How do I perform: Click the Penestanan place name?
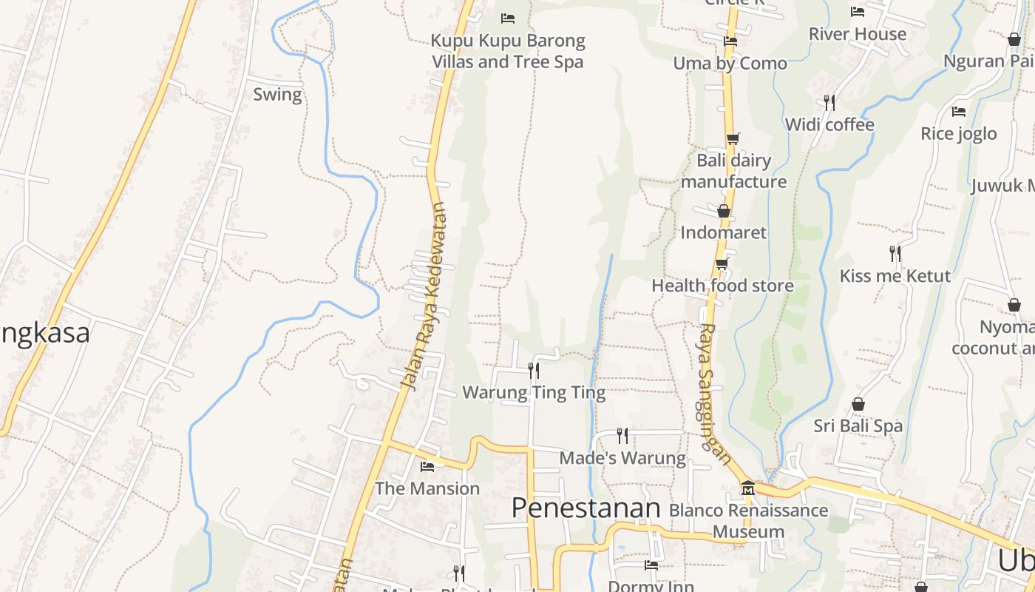point(586,508)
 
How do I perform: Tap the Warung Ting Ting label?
point(534,392)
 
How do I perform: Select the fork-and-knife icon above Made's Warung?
point(622,435)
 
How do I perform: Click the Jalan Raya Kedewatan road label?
point(424,296)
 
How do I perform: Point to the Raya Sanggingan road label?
point(713,392)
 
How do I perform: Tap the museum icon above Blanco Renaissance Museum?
point(748,488)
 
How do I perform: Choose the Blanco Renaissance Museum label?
point(748,520)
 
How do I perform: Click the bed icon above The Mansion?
point(427,467)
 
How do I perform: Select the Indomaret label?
point(723,232)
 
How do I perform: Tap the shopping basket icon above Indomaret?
point(724,212)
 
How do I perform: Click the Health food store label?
point(722,286)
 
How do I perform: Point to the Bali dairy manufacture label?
point(733,171)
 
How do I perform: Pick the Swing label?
point(277,95)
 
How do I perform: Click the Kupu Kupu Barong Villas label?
point(508,51)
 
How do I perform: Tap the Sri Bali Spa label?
point(858,426)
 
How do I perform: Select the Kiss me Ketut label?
point(895,276)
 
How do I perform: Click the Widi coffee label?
point(829,124)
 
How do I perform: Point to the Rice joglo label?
point(958,134)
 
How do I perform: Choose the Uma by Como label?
point(730,64)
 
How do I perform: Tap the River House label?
point(858,34)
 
